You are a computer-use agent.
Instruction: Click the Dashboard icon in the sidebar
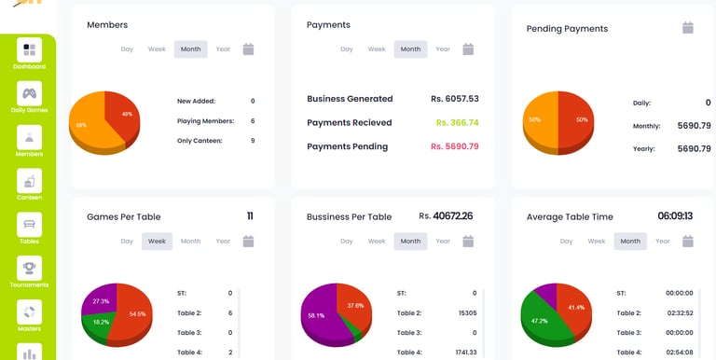pos(29,49)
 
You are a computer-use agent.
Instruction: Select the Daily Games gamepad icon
pos(29,93)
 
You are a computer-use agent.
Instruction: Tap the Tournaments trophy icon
pos(29,269)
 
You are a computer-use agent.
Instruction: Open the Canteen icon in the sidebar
pos(29,181)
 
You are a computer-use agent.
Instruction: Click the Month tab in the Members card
pos(190,49)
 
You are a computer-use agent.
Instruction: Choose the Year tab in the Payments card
pos(443,49)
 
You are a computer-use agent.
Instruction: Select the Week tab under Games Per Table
pos(157,242)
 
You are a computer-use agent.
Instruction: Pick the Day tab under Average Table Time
pos(566,242)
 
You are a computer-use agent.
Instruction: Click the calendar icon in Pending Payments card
pos(688,28)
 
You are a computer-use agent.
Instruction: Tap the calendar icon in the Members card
pos(248,49)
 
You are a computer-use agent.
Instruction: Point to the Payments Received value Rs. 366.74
pos(457,122)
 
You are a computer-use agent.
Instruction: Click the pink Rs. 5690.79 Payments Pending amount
pos(455,146)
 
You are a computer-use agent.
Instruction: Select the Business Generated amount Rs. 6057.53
pos(455,99)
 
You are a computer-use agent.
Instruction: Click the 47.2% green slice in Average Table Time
pos(544,320)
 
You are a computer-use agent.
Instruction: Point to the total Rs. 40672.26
pos(446,216)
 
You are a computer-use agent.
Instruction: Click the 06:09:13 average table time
pos(675,216)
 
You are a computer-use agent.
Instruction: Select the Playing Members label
pos(205,121)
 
